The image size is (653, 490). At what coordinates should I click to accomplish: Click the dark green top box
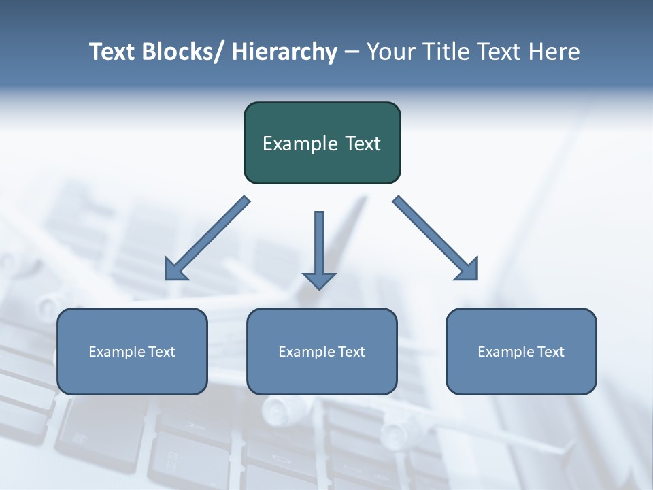[x=322, y=143]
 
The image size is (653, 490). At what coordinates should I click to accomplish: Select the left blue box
[x=132, y=351]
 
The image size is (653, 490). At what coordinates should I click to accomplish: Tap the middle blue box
[x=322, y=351]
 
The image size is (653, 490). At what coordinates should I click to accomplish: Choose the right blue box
[x=521, y=351]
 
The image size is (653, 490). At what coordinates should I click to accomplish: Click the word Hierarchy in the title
[x=284, y=52]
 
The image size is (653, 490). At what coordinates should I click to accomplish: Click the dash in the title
[x=352, y=52]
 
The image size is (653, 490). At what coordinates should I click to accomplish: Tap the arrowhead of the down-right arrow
[x=466, y=269]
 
